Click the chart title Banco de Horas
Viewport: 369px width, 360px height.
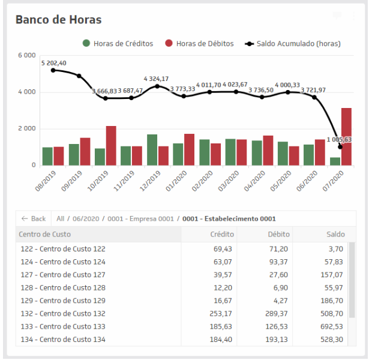tap(58, 20)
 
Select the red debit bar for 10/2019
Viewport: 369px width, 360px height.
tap(111, 145)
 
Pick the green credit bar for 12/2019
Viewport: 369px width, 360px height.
tap(152, 149)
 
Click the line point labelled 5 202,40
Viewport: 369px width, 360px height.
tap(53, 70)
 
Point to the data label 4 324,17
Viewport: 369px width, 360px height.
tap(156, 79)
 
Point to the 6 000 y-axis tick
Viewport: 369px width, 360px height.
tap(27, 56)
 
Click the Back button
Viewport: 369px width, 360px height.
tap(34, 218)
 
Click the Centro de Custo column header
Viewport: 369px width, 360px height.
tap(45, 234)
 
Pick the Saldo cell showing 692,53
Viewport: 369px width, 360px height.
tap(332, 326)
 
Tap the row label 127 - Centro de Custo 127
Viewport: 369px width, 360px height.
tap(62, 274)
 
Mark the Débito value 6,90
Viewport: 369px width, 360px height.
tap(281, 287)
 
